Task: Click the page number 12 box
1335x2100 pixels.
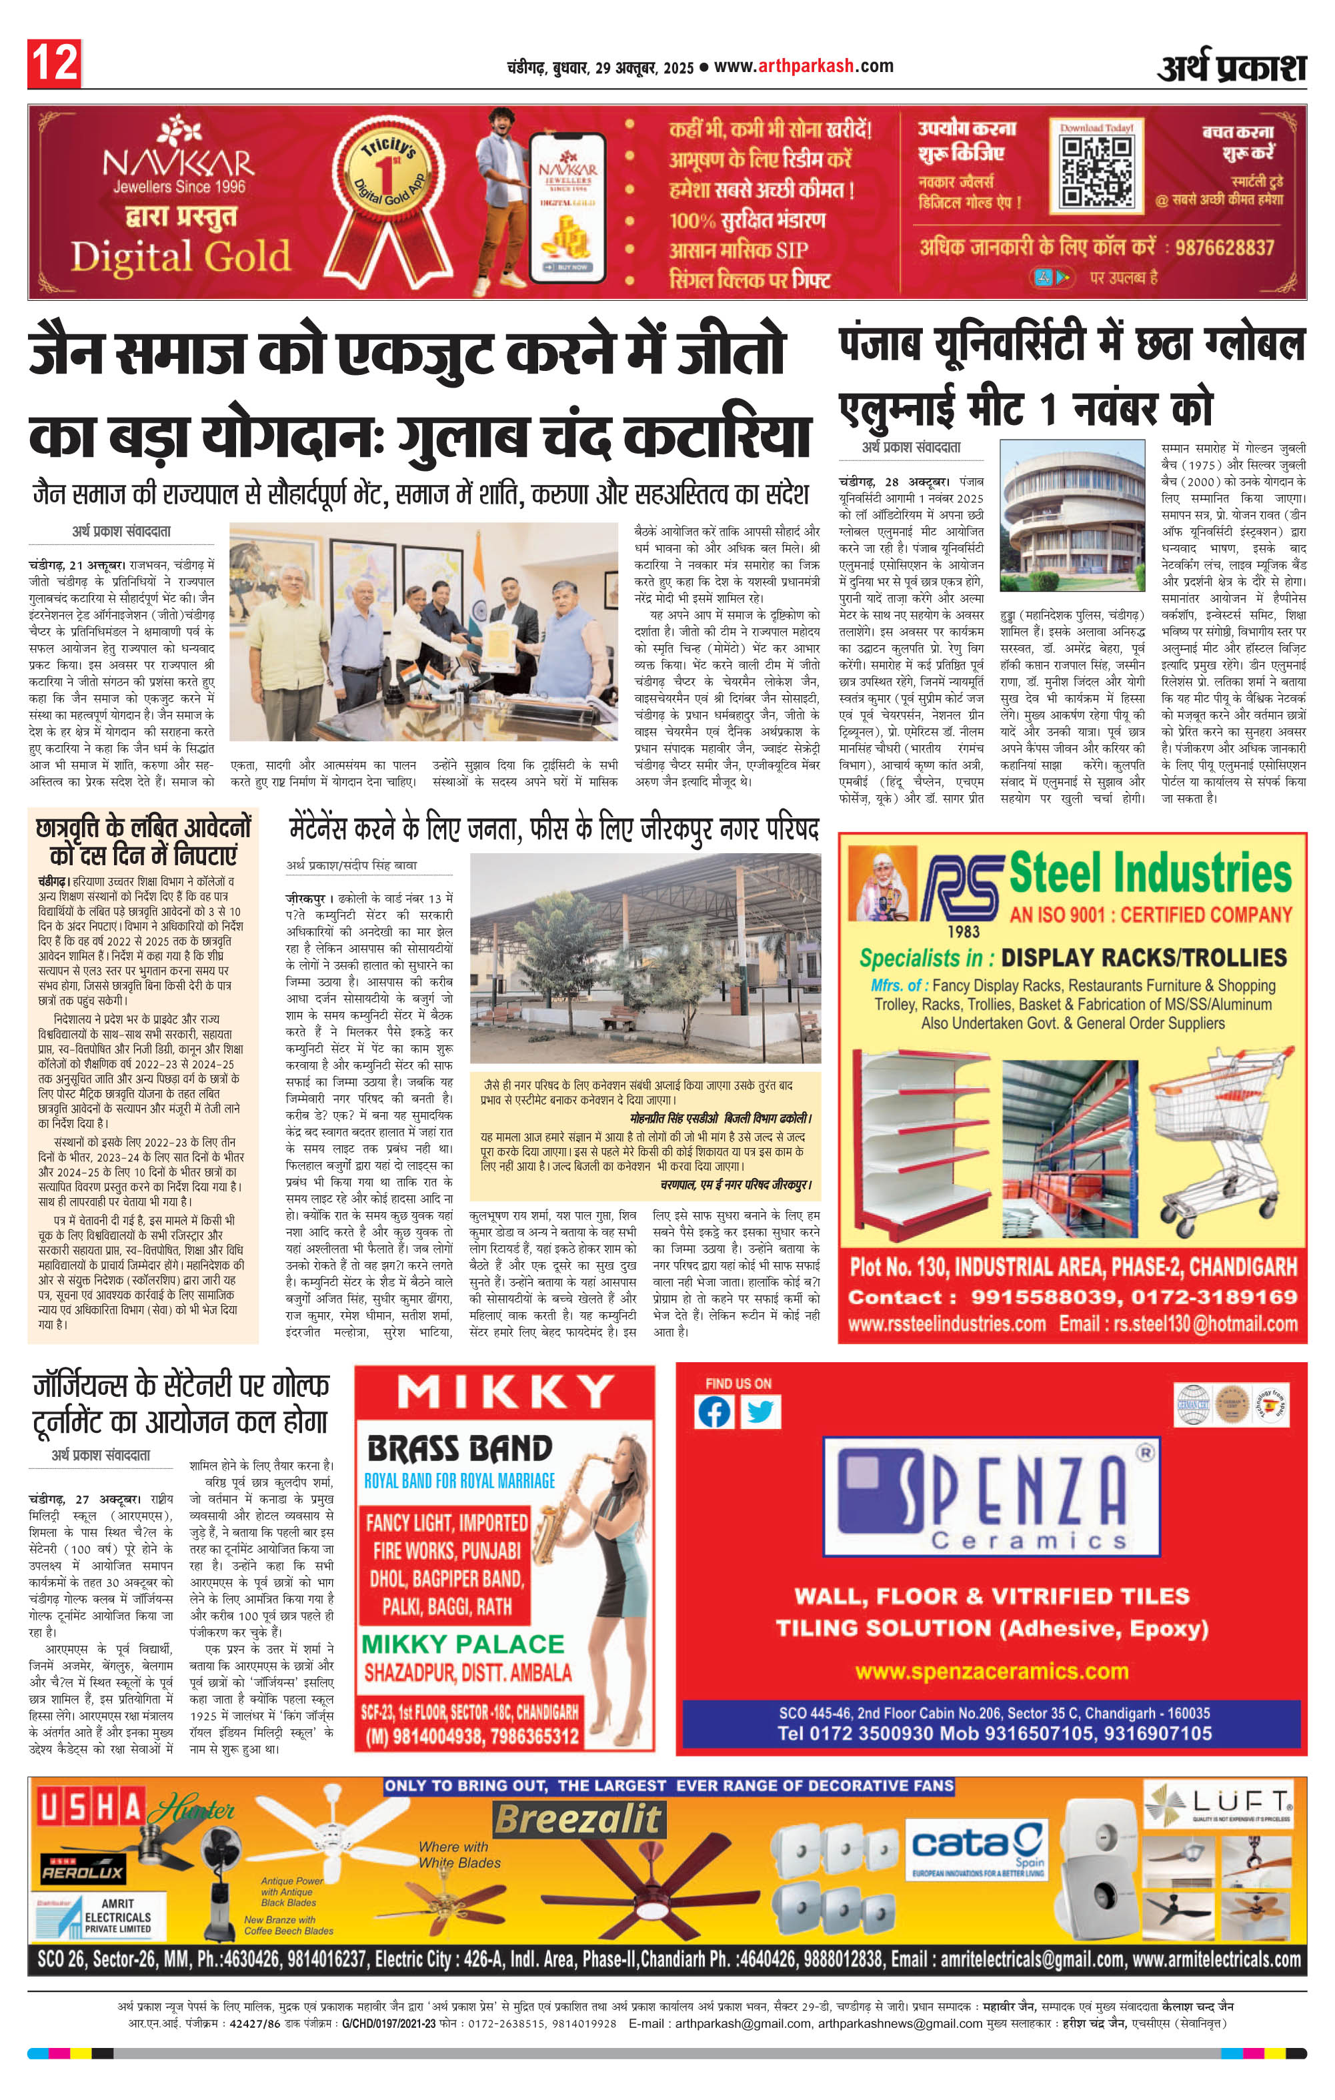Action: (x=54, y=63)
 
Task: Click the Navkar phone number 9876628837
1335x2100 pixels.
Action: (x=1224, y=247)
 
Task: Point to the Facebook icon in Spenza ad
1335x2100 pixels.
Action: (x=714, y=1412)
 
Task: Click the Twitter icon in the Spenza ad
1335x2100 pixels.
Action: (x=760, y=1412)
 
